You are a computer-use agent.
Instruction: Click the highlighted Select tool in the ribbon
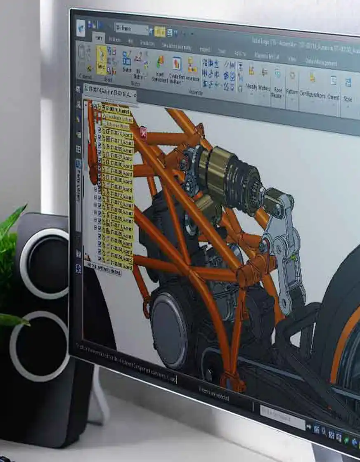[x=102, y=60]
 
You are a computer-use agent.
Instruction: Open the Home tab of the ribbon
[x=99, y=38]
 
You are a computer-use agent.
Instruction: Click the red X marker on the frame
[x=143, y=132]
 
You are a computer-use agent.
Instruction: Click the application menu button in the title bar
[x=81, y=28]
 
